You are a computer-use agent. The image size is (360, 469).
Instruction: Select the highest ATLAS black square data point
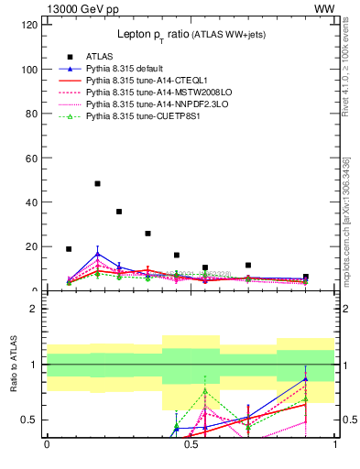tap(97, 183)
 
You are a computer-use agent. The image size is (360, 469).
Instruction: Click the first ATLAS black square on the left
tap(69, 248)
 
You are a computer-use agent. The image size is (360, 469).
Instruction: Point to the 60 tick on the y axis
tap(31, 158)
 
